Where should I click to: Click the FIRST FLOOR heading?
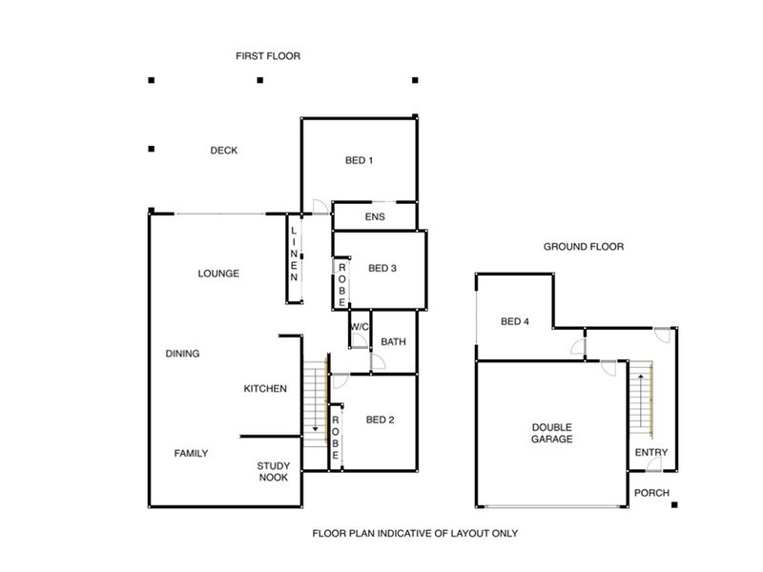[268, 56]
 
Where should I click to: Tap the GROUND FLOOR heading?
[583, 246]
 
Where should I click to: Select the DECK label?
[223, 151]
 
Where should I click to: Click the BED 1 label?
[358, 160]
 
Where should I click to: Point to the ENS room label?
[374, 217]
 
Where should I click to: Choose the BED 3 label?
[381, 268]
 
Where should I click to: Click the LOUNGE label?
[218, 274]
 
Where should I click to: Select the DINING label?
[182, 354]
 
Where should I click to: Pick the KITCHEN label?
[265, 388]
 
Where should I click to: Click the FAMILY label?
[191, 453]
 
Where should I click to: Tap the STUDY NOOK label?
[273, 472]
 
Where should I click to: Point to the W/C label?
[359, 328]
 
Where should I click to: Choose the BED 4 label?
[514, 321]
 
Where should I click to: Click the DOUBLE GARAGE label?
[552, 434]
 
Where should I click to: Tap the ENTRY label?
[651, 452]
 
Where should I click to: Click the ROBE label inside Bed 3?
[340, 283]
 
